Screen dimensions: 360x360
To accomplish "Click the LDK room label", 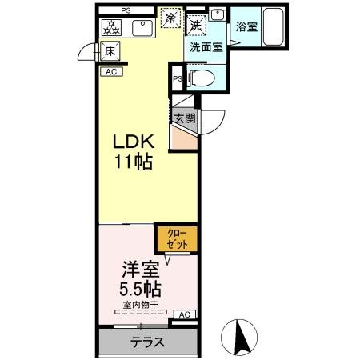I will (132, 142).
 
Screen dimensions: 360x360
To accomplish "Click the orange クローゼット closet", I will (175, 238).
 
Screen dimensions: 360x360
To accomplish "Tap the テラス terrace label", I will (148, 342).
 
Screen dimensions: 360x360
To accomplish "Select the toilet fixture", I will (201, 79).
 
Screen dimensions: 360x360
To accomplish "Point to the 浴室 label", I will (246, 27).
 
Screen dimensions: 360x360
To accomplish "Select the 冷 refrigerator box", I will (170, 16).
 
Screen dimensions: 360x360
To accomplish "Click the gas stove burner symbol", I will (111, 26).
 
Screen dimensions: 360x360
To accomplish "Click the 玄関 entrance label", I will (186, 118).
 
